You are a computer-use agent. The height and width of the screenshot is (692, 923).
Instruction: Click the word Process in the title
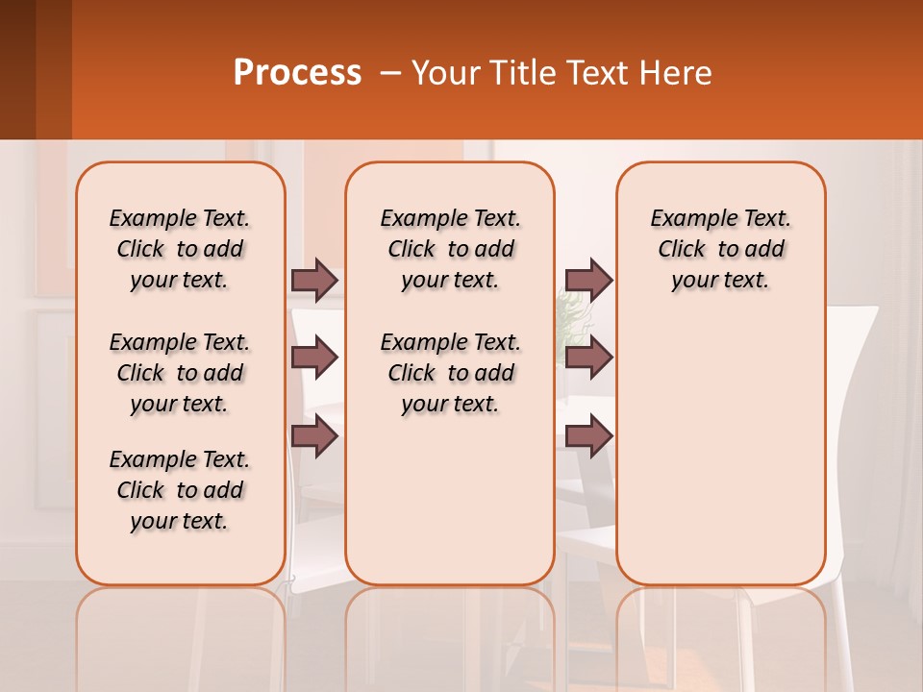(x=297, y=73)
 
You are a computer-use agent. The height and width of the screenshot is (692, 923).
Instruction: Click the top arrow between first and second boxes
(x=314, y=280)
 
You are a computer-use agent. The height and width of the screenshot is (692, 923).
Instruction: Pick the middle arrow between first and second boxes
(x=314, y=358)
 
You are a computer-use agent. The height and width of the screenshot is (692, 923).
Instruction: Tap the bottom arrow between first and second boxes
(x=314, y=436)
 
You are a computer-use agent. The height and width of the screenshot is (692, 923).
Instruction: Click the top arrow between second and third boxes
(x=588, y=280)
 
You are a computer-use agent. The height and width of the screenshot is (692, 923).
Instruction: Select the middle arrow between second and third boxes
(x=588, y=358)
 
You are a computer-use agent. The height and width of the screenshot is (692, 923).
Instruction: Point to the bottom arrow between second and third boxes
(x=588, y=436)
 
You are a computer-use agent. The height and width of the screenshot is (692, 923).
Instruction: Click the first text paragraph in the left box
(x=180, y=249)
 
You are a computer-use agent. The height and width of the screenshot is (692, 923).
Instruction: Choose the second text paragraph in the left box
(x=180, y=373)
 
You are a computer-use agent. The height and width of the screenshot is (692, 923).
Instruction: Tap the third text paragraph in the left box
(x=180, y=490)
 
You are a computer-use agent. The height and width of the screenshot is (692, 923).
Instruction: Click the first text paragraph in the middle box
(x=450, y=249)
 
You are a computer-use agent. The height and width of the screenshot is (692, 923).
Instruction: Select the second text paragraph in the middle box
(x=450, y=373)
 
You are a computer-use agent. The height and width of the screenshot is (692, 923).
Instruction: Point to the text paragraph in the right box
(x=720, y=249)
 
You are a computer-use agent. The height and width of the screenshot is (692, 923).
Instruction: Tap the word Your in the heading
(x=446, y=73)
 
